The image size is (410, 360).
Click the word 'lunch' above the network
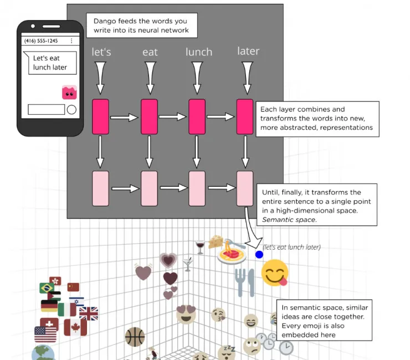[198, 52]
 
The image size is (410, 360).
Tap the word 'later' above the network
[248, 51]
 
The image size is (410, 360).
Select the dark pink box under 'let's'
[100, 116]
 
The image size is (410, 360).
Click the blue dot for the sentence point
[259, 255]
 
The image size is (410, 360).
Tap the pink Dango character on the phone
[69, 93]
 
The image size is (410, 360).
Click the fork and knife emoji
[244, 282]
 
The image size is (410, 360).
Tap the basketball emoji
[135, 337]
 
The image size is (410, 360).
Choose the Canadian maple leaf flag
[71, 327]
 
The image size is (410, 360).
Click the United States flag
[45, 334]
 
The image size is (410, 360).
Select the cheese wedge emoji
[216, 242]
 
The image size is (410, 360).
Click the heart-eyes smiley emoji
[186, 313]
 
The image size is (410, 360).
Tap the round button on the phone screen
[71, 109]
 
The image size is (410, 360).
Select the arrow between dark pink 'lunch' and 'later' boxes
[221, 116]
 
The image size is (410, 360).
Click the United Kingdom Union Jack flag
[89, 314]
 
